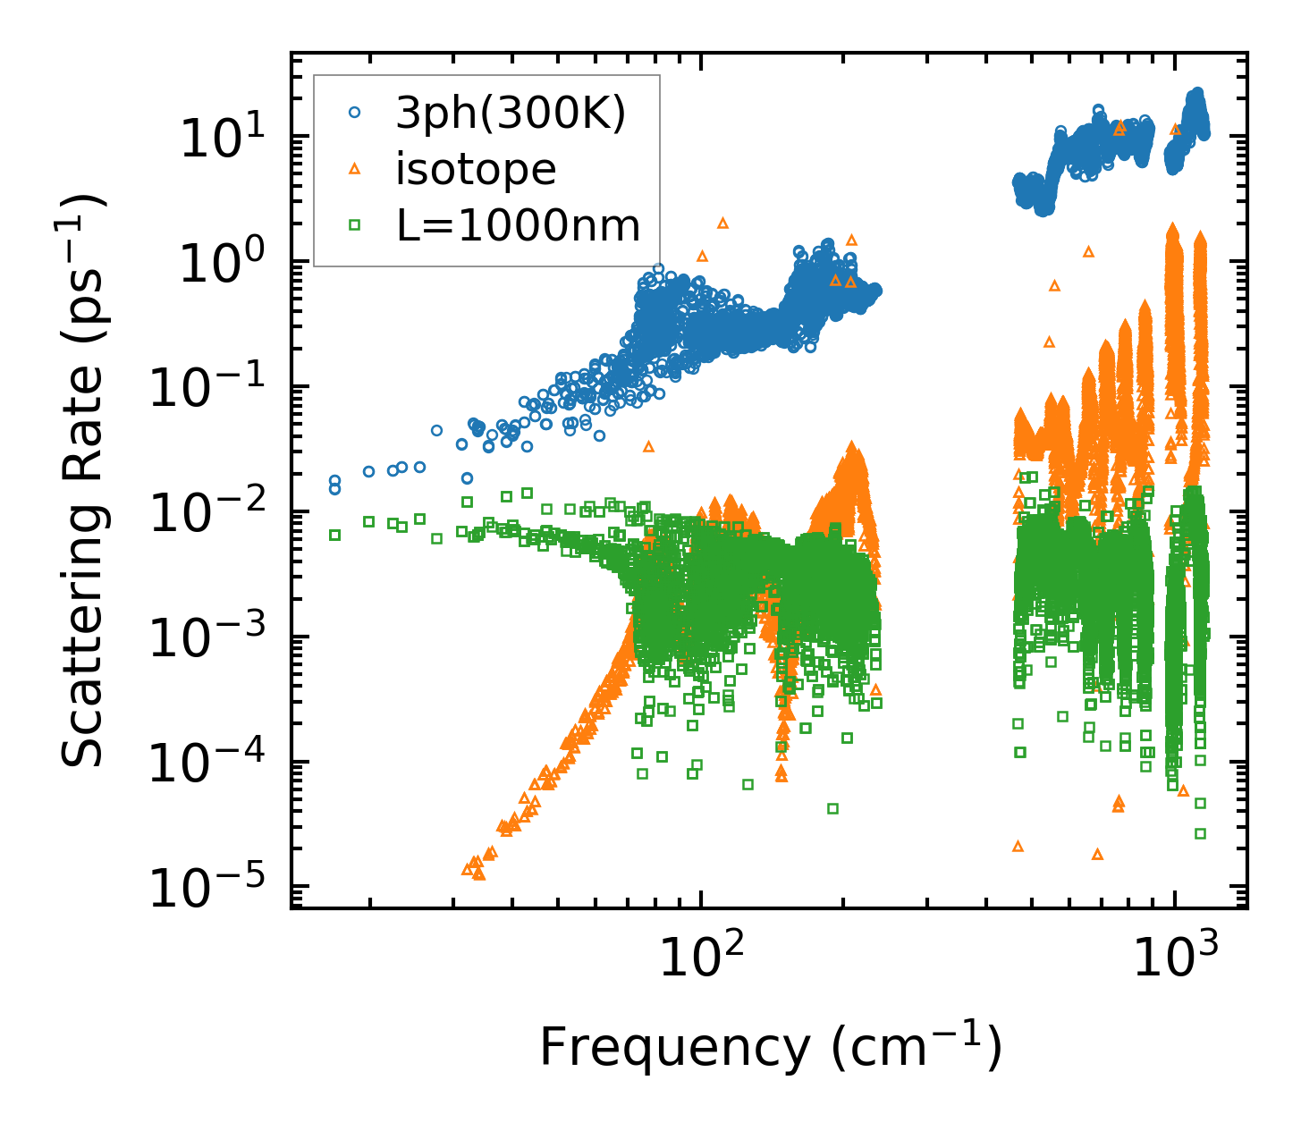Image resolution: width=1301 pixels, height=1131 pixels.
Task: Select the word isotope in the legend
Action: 476,170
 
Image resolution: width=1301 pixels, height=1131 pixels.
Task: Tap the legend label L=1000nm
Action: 519,226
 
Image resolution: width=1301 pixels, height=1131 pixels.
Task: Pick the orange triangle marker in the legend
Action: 355,169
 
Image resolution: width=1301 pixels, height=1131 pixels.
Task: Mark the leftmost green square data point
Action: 335,535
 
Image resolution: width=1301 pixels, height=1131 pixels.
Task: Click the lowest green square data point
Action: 1200,833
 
